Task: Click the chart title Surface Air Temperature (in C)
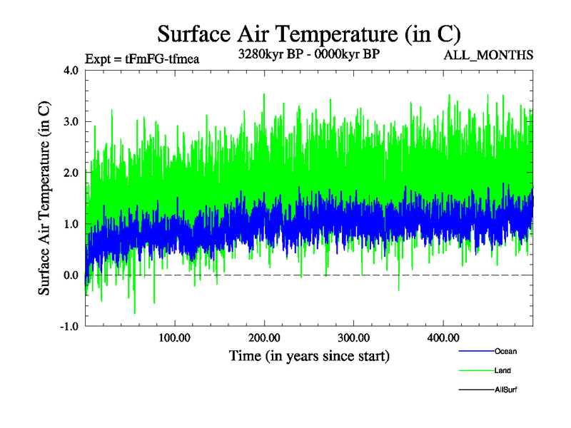308,34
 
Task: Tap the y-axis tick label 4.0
72,71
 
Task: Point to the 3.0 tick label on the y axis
72,122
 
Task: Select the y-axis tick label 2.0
72,173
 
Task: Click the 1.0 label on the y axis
72,224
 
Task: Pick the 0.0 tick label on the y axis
72,275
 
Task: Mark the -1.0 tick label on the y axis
70,327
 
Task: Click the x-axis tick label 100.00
174,337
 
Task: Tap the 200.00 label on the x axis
264,337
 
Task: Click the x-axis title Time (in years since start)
309,355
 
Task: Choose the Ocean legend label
505,352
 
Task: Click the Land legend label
502,371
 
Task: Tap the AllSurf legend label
506,389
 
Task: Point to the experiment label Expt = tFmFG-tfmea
141,58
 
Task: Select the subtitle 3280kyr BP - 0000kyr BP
308,53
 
